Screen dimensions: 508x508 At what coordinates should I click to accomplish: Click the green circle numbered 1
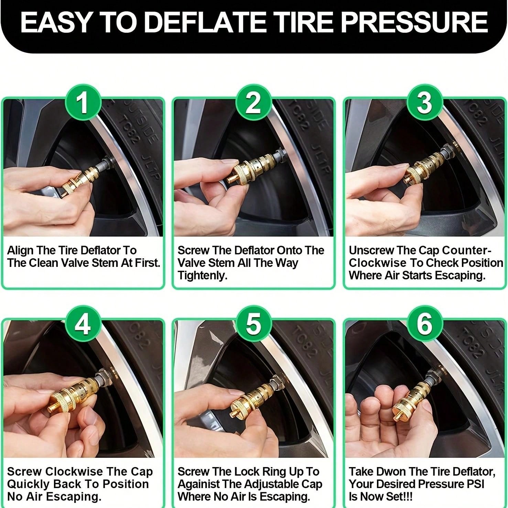pyautogui.click(x=83, y=103)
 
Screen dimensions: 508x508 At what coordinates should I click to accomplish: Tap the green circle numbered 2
pyautogui.click(x=253, y=103)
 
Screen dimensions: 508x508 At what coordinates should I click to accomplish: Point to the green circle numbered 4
pyautogui.click(x=83, y=324)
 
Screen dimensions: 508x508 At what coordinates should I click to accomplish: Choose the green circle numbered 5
pyautogui.click(x=253, y=324)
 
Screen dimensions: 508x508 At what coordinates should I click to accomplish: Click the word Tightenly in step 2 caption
pyautogui.click(x=202, y=275)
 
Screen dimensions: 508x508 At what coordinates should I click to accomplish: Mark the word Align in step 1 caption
pyautogui.click(x=20, y=250)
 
